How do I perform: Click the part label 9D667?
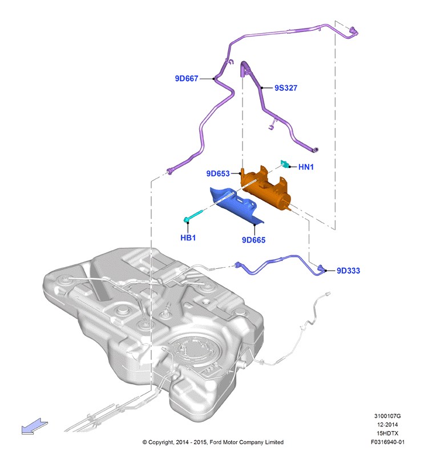pyautogui.click(x=187, y=79)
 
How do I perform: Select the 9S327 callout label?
pyautogui.click(x=286, y=88)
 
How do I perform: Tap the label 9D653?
pyautogui.click(x=218, y=174)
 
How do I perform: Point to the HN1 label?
pyautogui.click(x=306, y=167)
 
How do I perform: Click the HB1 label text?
pyautogui.click(x=188, y=237)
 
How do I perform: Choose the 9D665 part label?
pyautogui.click(x=253, y=240)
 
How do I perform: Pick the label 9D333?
pyautogui.click(x=349, y=271)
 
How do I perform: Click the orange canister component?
pyautogui.click(x=265, y=188)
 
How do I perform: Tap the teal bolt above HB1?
pyautogui.click(x=193, y=215)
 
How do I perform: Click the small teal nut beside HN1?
pyautogui.click(x=284, y=164)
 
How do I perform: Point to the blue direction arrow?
pyautogui.click(x=34, y=426)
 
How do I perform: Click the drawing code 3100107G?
pyautogui.click(x=387, y=416)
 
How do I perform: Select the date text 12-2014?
pyautogui.click(x=387, y=425)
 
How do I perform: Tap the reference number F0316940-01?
pyautogui.click(x=387, y=442)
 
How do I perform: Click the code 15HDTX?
pyautogui.click(x=387, y=433)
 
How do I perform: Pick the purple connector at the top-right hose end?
pyautogui.click(x=353, y=32)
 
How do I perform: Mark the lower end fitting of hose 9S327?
pyautogui.click(x=314, y=150)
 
